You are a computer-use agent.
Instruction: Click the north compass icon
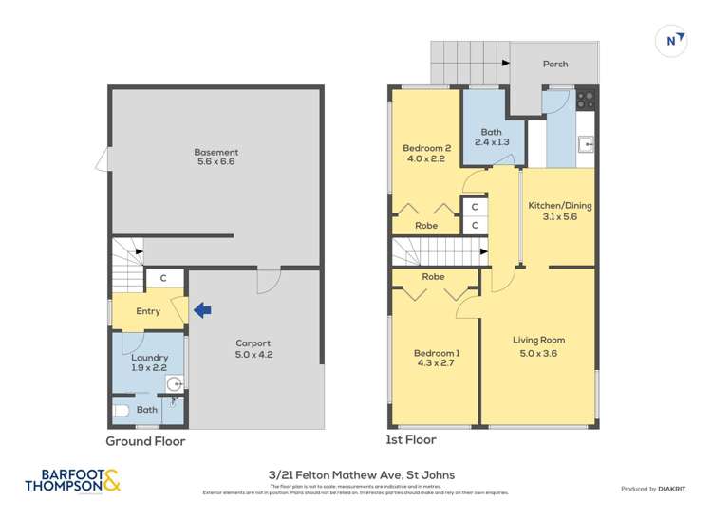(672, 41)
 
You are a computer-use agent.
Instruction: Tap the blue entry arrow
(202, 309)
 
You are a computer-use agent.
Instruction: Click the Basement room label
(216, 158)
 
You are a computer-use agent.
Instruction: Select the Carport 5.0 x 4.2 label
(253, 349)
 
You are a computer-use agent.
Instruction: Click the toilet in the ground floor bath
(120, 412)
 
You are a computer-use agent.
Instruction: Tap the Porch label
(555, 65)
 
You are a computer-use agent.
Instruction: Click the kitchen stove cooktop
(585, 97)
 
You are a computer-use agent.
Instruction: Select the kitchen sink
(586, 144)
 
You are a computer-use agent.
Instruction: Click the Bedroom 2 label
(426, 153)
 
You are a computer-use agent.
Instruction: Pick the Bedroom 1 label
(434, 359)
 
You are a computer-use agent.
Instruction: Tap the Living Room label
(538, 345)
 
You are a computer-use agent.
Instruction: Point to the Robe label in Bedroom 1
(433, 277)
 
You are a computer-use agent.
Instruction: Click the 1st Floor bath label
(490, 138)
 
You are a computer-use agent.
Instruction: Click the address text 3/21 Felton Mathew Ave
(356, 476)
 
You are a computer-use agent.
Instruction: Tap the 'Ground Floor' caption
(145, 441)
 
